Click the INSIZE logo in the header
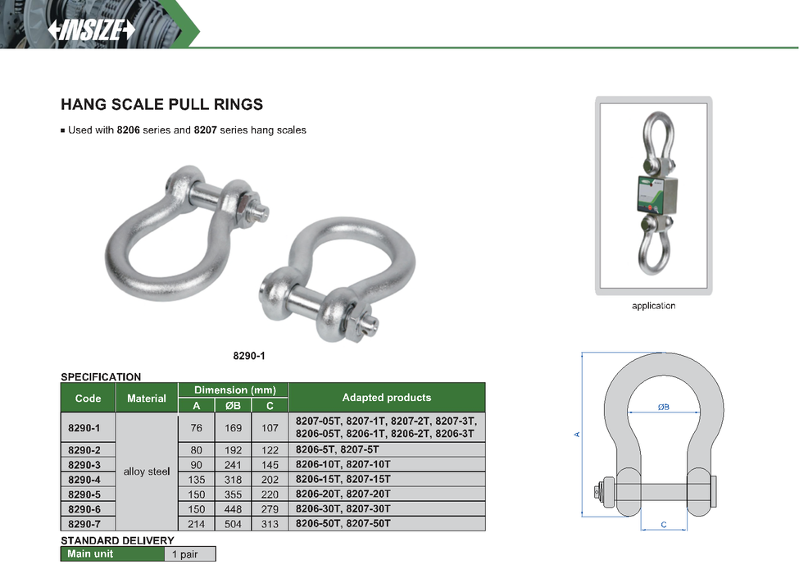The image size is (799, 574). pos(92,30)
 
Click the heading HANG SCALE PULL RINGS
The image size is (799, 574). pos(162,104)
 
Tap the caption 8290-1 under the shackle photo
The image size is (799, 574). pos(249,356)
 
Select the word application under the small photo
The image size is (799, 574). pos(654,306)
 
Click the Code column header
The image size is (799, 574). pos(89,399)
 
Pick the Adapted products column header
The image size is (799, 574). pos(387,398)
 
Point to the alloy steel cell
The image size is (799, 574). pos(147,471)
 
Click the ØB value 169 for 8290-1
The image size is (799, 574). pos(234,428)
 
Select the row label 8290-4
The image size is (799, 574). pos(84,480)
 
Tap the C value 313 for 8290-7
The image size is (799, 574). pos(270,524)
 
